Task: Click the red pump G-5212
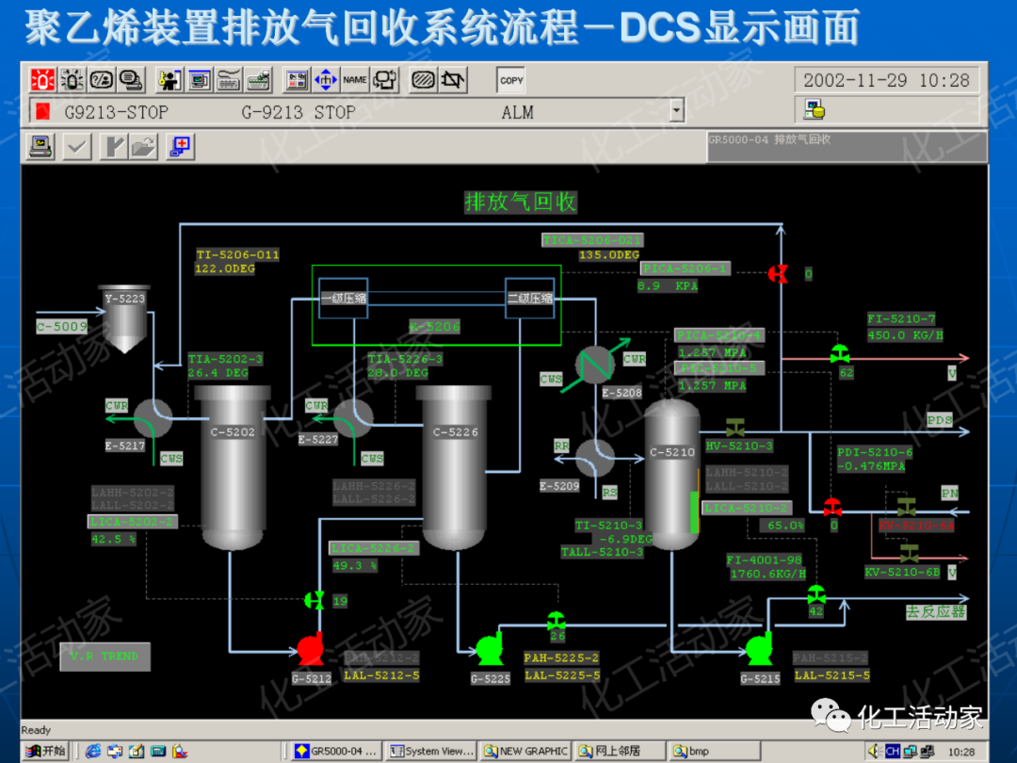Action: [311, 649]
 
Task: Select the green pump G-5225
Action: [490, 649]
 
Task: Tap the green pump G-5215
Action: [759, 649]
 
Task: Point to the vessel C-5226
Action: [456, 466]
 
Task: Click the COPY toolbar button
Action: [511, 80]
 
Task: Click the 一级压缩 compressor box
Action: [343, 298]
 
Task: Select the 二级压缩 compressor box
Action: [530, 298]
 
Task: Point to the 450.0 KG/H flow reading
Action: [905, 335]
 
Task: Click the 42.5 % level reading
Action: [114, 539]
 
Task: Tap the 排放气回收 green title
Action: [520, 202]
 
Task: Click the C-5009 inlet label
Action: [62, 327]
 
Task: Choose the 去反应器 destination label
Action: [936, 611]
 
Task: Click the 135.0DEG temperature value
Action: [608, 255]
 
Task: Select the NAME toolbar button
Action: [355, 80]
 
